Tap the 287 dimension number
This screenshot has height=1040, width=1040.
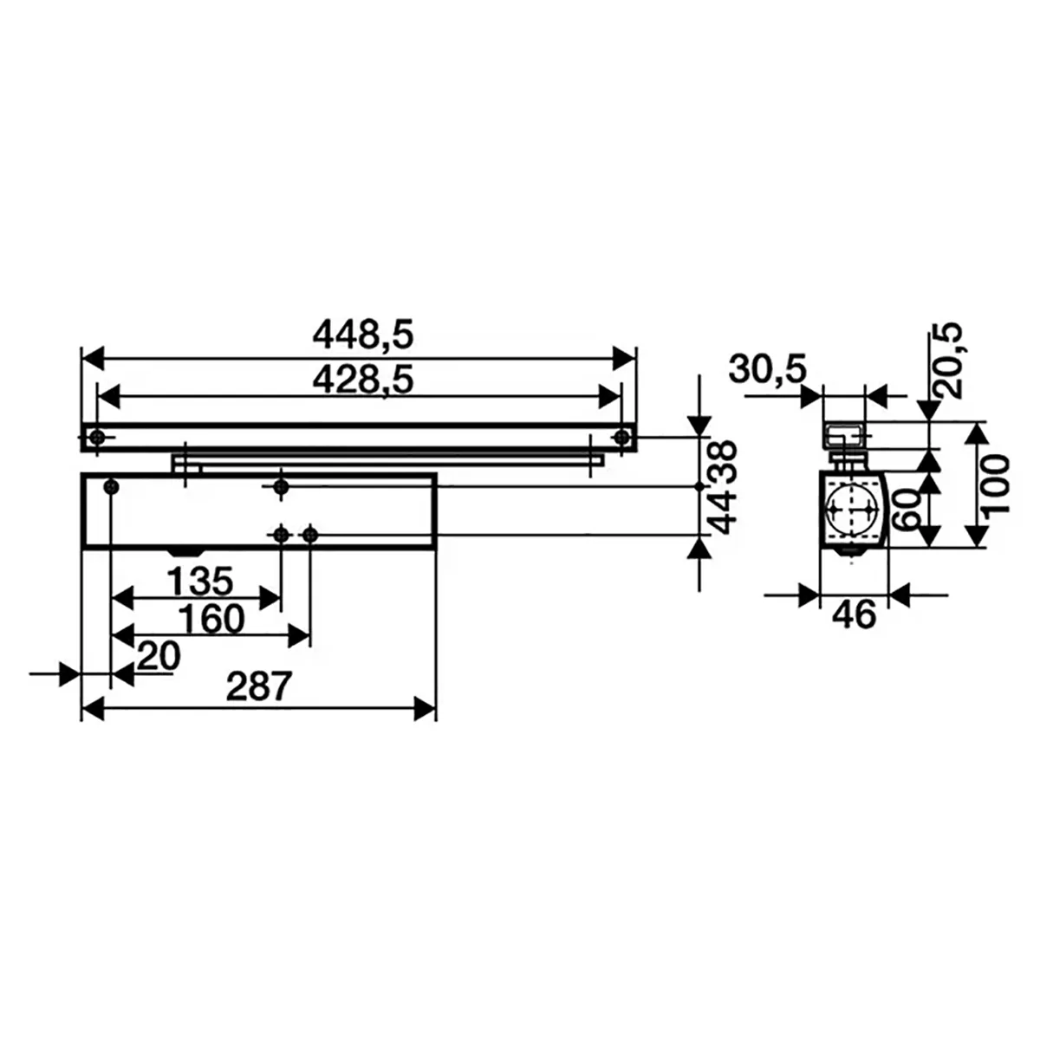(x=259, y=686)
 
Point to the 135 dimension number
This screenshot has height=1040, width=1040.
(x=199, y=582)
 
